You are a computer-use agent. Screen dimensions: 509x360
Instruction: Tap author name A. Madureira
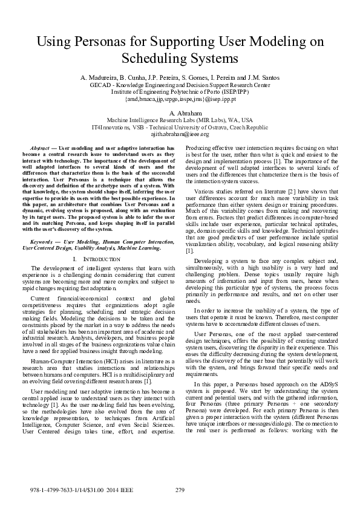coord(99,79)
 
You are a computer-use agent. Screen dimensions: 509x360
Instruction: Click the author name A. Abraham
coord(180,114)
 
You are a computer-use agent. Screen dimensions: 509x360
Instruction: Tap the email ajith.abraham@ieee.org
coord(180,135)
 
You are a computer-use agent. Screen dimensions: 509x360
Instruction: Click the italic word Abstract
coord(39,148)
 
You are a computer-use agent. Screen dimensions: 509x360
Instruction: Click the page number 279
coord(180,489)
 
